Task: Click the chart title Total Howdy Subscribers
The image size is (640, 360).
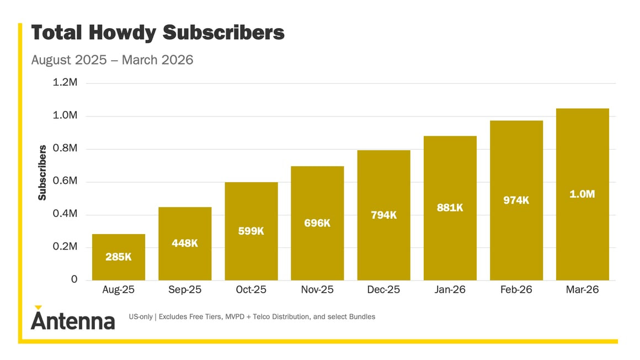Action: (158, 33)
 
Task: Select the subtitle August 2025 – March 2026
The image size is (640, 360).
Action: (112, 60)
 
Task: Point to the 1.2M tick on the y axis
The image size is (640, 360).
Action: (65, 83)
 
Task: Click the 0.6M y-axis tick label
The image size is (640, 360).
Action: (65, 181)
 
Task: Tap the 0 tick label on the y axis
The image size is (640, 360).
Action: (74, 280)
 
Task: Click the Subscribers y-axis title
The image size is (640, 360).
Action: (42, 172)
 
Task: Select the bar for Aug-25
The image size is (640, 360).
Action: (119, 257)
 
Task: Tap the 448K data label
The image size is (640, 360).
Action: (185, 243)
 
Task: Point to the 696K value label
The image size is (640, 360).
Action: (317, 224)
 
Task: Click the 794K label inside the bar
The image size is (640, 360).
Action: (383, 215)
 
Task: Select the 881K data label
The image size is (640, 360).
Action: (450, 208)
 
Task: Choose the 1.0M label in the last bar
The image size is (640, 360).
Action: (582, 194)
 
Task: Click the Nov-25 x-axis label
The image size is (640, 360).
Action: (317, 290)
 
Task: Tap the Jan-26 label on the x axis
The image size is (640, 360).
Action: (450, 290)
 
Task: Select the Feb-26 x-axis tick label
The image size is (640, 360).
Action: (516, 290)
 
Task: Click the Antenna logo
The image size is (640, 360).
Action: (72, 319)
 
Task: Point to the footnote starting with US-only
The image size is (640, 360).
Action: (252, 317)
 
